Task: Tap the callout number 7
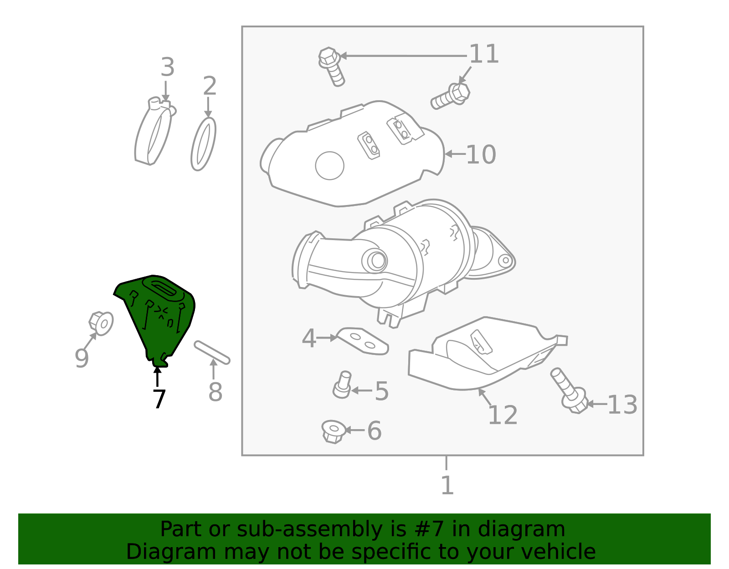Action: [x=159, y=399]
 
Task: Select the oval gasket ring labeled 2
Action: [x=203, y=144]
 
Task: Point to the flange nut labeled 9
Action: [x=101, y=323]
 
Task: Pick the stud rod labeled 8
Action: [x=212, y=353]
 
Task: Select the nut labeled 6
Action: [x=334, y=431]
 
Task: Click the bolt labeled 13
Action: [x=569, y=390]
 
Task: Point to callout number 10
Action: [x=481, y=154]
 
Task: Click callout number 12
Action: [x=503, y=415]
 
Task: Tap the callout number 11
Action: [x=484, y=54]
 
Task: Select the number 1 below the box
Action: [x=447, y=485]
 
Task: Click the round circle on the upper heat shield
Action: [x=329, y=166]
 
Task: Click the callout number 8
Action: [x=215, y=392]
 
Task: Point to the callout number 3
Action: [x=167, y=67]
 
